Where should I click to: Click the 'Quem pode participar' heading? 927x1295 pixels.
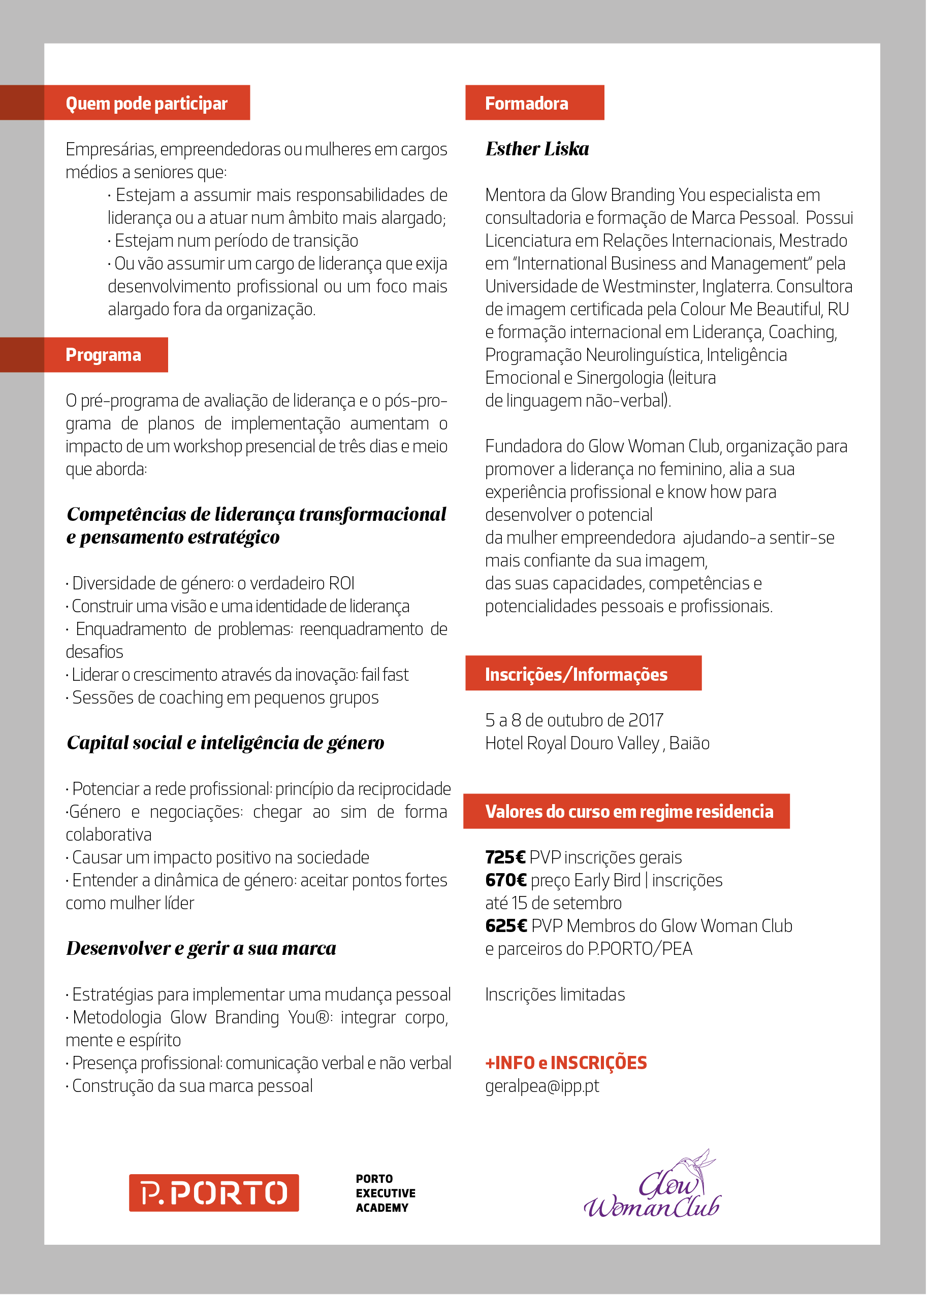click(146, 103)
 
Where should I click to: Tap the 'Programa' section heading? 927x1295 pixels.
click(103, 355)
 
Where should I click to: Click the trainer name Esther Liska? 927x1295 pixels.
click(536, 149)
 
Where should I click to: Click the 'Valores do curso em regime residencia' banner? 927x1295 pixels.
click(628, 811)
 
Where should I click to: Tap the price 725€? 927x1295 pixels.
click(504, 857)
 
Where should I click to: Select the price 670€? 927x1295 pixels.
click(505, 880)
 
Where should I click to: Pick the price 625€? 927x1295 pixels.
click(505, 926)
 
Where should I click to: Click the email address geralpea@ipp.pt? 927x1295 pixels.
click(541, 1086)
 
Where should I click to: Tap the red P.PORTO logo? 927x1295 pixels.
click(213, 1192)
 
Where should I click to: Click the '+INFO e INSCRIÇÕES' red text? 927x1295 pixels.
click(566, 1063)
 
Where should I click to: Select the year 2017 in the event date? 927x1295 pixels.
click(645, 720)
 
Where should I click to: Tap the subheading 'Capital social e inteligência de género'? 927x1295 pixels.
click(226, 743)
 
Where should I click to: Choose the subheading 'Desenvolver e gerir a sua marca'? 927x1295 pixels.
click(201, 948)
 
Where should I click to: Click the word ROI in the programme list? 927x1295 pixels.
click(341, 583)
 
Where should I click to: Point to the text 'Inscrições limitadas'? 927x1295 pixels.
click(555, 994)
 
